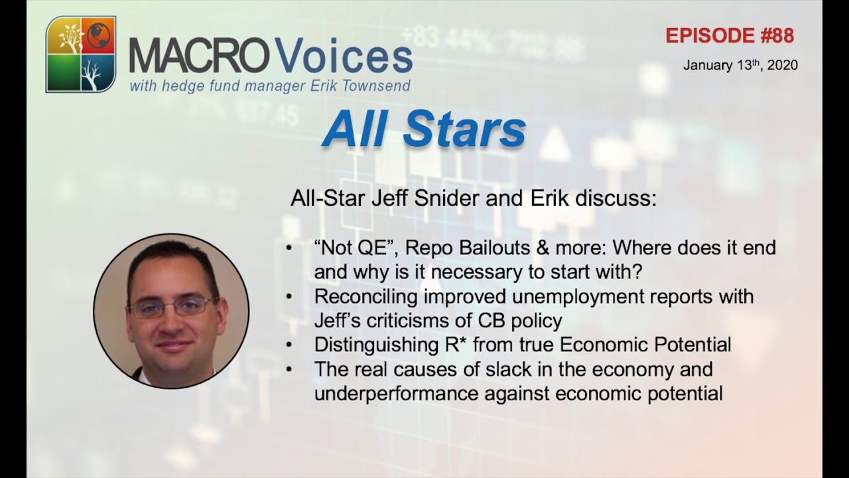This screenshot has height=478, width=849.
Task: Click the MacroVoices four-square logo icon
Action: (x=81, y=54)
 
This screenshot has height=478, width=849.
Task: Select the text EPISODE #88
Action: (x=730, y=36)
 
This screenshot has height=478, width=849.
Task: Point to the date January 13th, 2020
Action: (x=740, y=65)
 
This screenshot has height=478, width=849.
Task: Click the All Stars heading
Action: (x=424, y=129)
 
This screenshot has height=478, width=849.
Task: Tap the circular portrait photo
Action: (x=171, y=311)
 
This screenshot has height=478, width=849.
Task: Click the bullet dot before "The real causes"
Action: (x=289, y=369)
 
